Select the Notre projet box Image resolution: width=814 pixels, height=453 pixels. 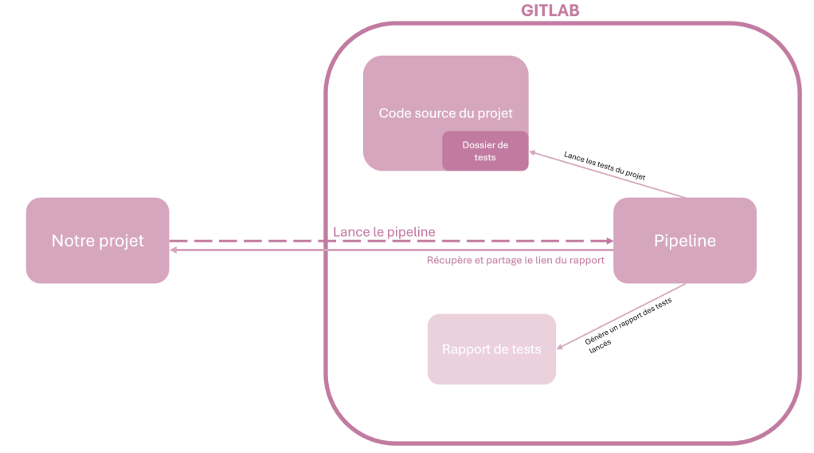click(x=97, y=240)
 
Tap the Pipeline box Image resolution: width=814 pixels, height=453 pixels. click(x=684, y=240)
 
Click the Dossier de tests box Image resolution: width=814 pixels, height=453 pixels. click(x=485, y=151)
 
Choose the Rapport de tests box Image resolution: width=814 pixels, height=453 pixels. click(x=491, y=349)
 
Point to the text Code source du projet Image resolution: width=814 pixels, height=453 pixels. click(x=445, y=113)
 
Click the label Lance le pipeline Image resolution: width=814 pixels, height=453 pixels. click(x=384, y=232)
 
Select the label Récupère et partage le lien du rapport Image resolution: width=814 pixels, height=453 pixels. click(x=515, y=260)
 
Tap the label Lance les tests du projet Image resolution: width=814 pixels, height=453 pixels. click(x=604, y=164)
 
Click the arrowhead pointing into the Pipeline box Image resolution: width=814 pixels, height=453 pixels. click(x=608, y=240)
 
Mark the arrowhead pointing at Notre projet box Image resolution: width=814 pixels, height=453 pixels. click(x=174, y=250)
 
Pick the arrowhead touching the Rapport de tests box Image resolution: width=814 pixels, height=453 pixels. click(x=560, y=347)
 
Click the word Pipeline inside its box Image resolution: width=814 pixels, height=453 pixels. click(x=684, y=240)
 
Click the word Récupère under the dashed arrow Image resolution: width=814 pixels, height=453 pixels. click(x=449, y=260)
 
